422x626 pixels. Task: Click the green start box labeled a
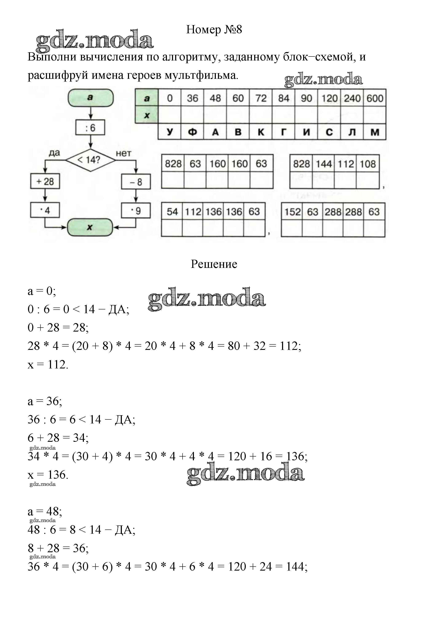[x=90, y=98]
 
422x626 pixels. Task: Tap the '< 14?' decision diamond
[x=90, y=160]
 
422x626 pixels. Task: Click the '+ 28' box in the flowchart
[x=45, y=182]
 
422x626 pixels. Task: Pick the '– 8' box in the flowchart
[x=136, y=182]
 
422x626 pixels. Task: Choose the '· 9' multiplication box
[x=136, y=211]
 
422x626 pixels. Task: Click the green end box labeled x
[x=90, y=227]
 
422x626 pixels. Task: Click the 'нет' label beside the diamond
[x=124, y=153]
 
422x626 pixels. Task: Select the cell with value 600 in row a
[x=375, y=98]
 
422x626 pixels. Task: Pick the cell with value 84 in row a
[x=284, y=98]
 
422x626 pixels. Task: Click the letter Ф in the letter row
[x=192, y=132]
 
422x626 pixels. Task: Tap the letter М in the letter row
[x=375, y=132]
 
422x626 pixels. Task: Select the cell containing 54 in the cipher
[x=172, y=212]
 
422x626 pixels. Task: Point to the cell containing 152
[x=292, y=212]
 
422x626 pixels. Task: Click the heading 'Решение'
[x=214, y=264]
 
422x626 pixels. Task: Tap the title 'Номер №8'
[x=214, y=29]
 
